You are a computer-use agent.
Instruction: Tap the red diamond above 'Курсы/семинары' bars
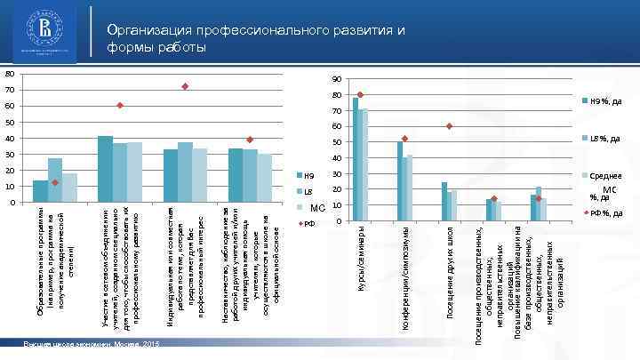click(x=360, y=94)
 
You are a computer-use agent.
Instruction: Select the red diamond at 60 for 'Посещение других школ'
click(x=450, y=126)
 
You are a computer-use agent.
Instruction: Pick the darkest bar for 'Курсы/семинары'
click(x=355, y=158)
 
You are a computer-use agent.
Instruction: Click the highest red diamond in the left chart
click(x=185, y=86)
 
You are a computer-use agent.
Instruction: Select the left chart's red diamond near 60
click(x=119, y=106)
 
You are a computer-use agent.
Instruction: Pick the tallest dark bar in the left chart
click(x=105, y=169)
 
